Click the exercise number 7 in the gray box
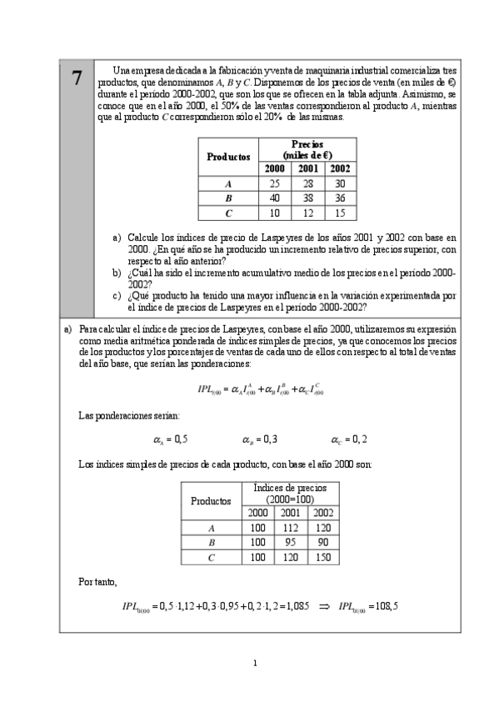[x=77, y=78]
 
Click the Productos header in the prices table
[x=228, y=156]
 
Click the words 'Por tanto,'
[x=97, y=582]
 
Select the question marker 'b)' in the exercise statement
[x=117, y=273]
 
